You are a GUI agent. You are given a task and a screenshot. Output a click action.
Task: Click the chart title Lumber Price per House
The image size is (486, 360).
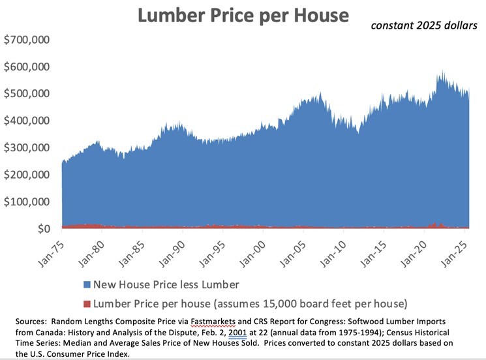point(243,16)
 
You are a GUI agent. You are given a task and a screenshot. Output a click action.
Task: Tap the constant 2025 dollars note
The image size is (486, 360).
point(424,25)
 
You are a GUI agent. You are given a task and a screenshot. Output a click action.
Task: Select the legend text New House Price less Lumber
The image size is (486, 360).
point(166,284)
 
